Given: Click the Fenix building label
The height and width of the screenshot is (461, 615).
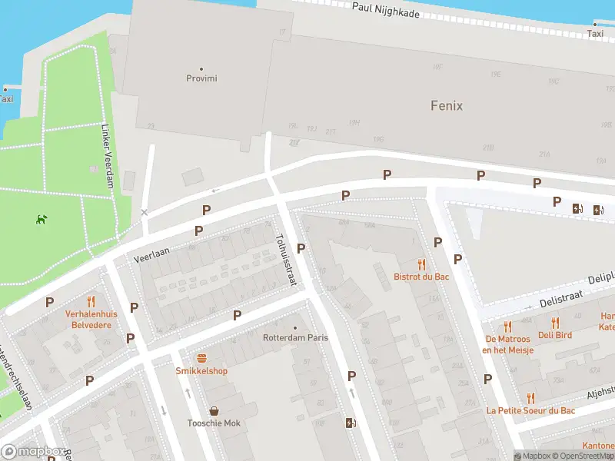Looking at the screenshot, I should [446, 105].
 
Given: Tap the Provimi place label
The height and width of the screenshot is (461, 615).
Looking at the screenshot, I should [201, 78].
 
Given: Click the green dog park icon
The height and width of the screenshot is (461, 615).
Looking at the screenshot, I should [40, 220].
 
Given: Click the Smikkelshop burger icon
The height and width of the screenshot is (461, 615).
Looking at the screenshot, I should [201, 358].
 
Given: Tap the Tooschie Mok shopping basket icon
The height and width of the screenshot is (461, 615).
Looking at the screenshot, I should [214, 411].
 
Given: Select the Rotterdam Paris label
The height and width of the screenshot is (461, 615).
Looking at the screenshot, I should [295, 337].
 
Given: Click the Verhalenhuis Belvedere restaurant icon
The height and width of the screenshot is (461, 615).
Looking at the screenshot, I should [91, 301].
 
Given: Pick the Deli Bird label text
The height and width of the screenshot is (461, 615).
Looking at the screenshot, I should [555, 335].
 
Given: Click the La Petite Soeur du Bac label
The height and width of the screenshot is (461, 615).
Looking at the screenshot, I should [530, 410].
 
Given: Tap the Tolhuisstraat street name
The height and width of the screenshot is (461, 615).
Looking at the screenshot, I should [285, 260].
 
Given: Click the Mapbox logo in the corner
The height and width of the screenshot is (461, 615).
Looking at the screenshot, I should [34, 452].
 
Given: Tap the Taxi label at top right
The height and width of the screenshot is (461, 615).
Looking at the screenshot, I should [595, 34].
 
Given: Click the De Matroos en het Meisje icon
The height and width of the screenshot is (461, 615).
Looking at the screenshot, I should [507, 327].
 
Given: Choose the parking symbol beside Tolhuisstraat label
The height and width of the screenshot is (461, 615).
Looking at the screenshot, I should [301, 248].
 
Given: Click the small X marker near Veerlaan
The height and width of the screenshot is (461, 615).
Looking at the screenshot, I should [145, 212].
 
